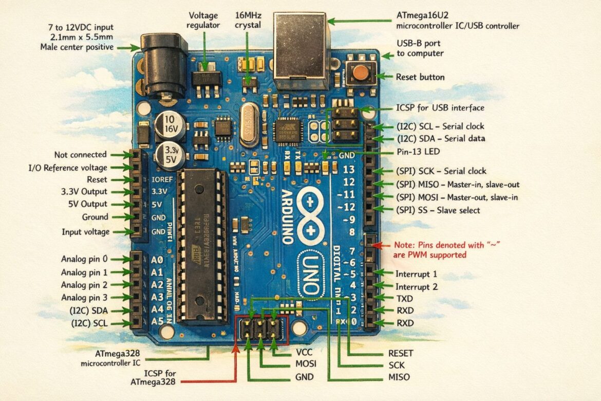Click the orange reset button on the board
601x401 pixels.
[361, 73]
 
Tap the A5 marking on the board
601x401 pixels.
[158, 322]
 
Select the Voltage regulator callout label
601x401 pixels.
[204, 20]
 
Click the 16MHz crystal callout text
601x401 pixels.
[248, 20]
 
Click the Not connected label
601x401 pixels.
[80, 154]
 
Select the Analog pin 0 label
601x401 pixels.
[84, 259]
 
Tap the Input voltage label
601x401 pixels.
[85, 232]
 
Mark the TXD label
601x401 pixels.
[404, 298]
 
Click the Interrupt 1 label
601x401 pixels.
[416, 274]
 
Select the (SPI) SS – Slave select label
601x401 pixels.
[438, 210]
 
